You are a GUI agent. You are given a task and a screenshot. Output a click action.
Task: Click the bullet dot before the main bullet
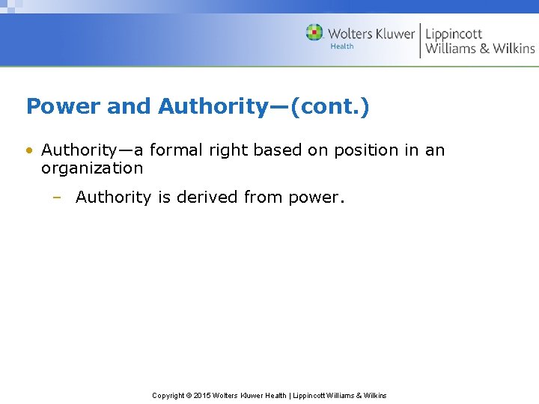click(29, 150)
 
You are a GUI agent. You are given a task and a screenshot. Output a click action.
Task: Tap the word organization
click(92, 168)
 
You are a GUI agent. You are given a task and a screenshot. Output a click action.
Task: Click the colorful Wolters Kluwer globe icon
click(314, 32)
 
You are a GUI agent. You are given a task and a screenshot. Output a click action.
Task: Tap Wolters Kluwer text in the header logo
click(371, 34)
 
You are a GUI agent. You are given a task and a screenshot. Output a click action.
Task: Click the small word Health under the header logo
click(342, 46)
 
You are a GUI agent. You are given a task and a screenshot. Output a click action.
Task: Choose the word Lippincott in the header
click(454, 34)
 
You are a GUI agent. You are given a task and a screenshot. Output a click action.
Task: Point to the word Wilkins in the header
click(514, 49)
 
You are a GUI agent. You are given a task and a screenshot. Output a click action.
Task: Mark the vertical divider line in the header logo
click(420, 40)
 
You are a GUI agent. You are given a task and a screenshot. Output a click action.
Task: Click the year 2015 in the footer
click(202, 395)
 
